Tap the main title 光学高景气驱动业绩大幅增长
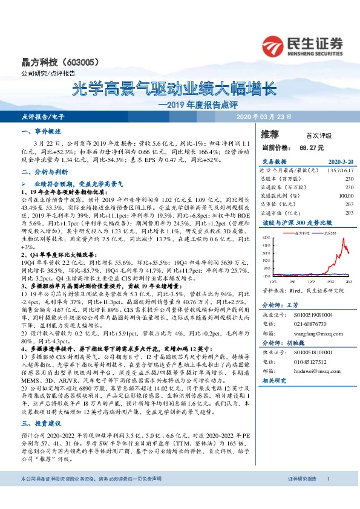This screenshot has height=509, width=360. [x=174, y=90]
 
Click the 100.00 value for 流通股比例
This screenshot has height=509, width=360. [x=344, y=196]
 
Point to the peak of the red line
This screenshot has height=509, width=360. [x=343, y=239]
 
